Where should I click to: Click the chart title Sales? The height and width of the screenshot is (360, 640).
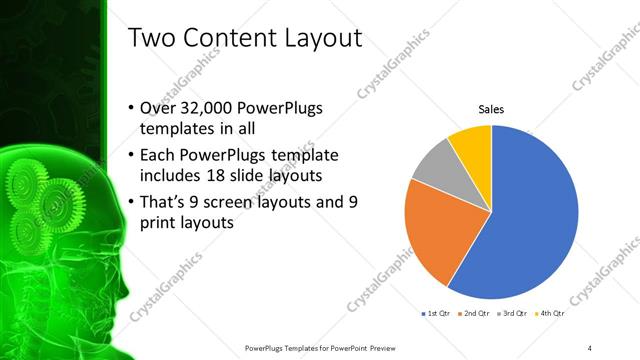(x=490, y=109)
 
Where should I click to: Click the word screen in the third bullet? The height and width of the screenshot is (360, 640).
(x=241, y=202)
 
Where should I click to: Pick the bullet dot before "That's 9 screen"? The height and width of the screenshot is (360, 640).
(x=133, y=202)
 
